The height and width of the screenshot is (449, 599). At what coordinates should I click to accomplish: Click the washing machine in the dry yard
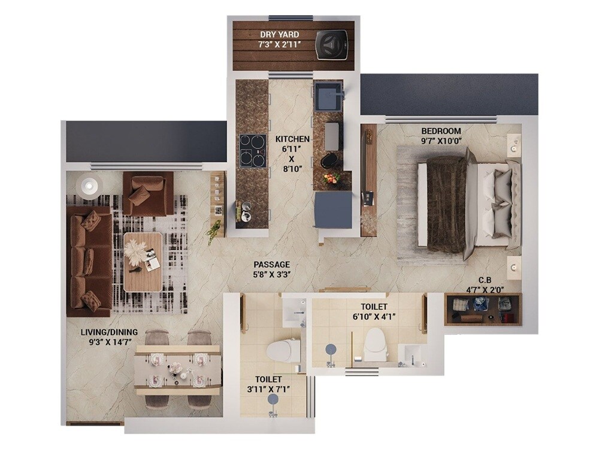click(x=332, y=43)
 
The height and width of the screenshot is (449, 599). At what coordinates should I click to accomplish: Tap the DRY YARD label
click(x=280, y=35)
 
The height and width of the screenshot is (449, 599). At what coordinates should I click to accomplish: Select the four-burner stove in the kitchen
click(x=252, y=151)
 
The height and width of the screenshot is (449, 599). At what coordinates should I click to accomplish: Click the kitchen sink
click(x=329, y=96)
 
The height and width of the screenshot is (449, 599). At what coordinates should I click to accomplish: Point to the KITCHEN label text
click(x=292, y=139)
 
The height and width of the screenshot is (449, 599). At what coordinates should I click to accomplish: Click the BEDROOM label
click(x=441, y=131)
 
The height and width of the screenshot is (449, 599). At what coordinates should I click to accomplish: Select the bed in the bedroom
click(x=467, y=204)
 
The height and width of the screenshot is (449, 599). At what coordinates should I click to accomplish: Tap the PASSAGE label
click(x=271, y=264)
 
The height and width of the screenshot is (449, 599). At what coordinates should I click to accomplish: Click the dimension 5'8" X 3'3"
click(x=271, y=275)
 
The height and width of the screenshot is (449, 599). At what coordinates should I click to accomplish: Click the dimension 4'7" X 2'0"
click(x=485, y=290)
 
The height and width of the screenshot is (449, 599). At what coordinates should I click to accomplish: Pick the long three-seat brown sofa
click(x=89, y=260)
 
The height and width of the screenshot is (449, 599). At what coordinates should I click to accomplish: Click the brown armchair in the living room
click(x=147, y=193)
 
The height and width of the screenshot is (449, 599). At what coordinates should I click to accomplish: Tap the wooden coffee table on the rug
click(x=143, y=262)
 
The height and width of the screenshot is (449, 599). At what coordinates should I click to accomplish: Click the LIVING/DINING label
click(x=110, y=332)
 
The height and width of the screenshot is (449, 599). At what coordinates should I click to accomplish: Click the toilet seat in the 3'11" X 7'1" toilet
click(x=284, y=350)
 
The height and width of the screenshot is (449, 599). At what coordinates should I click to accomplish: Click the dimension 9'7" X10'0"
click(x=441, y=141)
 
